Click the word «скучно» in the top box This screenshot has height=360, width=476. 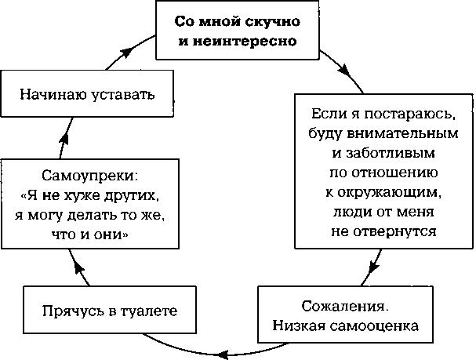point(272,21)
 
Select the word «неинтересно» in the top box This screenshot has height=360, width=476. point(245,42)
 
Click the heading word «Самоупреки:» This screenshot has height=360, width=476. point(90,176)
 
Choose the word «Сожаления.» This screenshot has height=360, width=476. point(345,306)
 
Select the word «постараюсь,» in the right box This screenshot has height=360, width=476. point(410,114)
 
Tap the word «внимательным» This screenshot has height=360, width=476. point(402,133)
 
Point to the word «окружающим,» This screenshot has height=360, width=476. point(388,192)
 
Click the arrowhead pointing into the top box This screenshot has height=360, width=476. point(127,52)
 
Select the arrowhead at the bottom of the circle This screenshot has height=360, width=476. point(223,355)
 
